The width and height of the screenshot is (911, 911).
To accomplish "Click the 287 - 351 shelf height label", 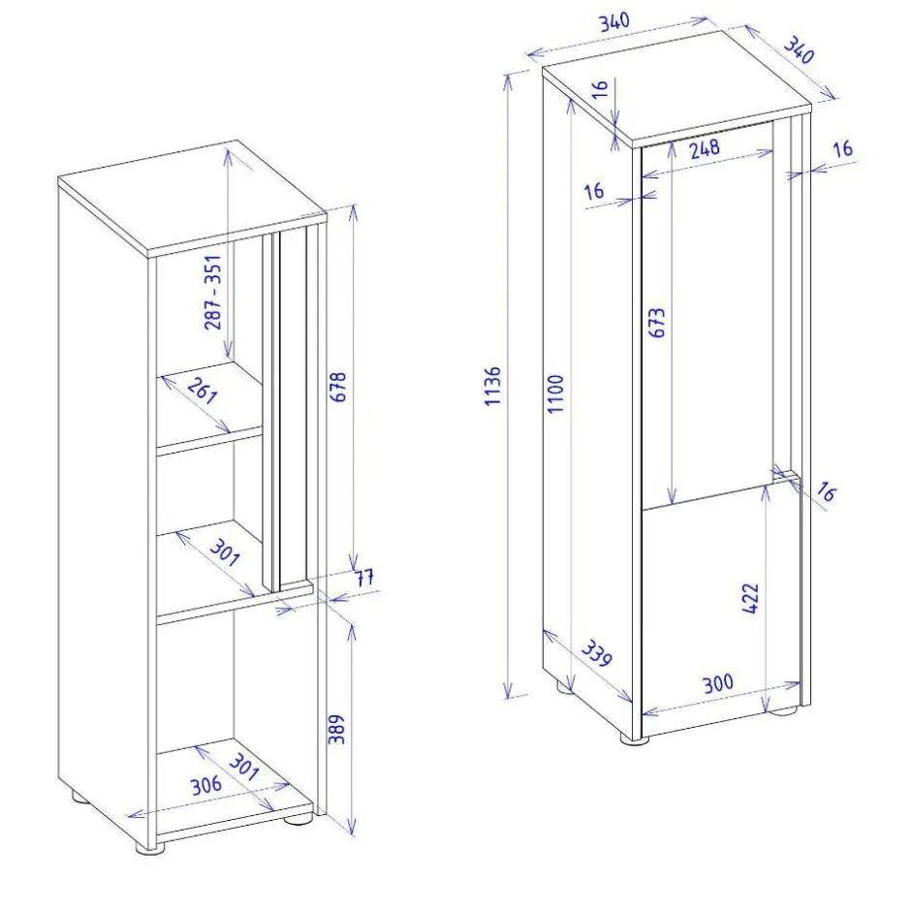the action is (x=213, y=293).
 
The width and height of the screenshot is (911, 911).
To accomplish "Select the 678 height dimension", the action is (x=337, y=387).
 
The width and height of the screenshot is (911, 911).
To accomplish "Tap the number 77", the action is (x=364, y=578).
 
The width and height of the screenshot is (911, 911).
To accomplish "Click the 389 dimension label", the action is (x=336, y=729).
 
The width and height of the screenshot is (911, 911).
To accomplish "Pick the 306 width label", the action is (x=206, y=786).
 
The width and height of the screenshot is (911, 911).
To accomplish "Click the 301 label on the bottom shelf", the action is (x=243, y=767).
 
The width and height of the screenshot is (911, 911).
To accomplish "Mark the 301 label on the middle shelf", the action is (x=225, y=552).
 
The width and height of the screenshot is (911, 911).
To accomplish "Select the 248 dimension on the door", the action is (x=705, y=148).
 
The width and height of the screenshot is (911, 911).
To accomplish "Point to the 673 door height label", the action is (x=656, y=323).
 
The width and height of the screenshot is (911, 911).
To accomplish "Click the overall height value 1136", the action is (x=492, y=386).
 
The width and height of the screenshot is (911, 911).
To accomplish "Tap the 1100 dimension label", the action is (x=556, y=393).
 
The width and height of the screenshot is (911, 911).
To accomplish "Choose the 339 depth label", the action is (x=597, y=653).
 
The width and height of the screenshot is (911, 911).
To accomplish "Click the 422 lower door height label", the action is (x=751, y=598).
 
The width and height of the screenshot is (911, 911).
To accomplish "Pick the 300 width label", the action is (x=718, y=684).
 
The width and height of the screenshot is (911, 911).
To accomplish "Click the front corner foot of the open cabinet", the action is (x=151, y=848).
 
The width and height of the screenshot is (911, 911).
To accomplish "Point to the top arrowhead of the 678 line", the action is (x=353, y=212).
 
